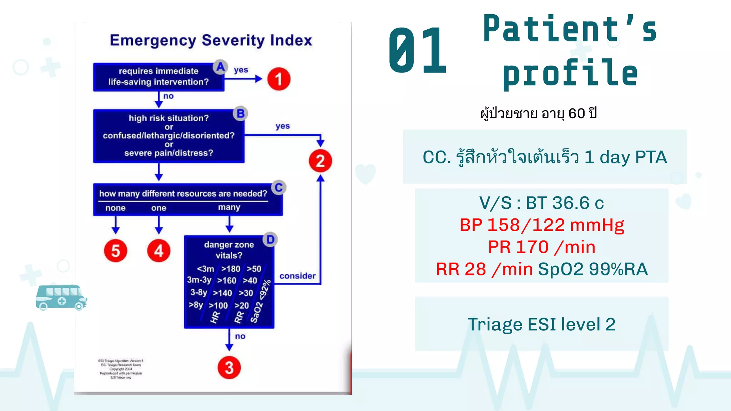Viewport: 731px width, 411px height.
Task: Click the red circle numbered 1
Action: (x=279, y=79)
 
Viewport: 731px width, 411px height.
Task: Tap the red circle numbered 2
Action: (x=320, y=161)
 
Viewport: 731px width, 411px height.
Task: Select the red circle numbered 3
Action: (x=229, y=367)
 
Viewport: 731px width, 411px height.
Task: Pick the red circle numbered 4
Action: (x=159, y=251)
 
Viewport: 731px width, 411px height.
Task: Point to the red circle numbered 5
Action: (x=115, y=251)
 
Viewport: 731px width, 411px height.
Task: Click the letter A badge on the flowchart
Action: (x=220, y=67)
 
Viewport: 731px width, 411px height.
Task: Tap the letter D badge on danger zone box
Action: (x=270, y=240)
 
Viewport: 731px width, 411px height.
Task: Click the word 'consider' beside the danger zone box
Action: (x=297, y=276)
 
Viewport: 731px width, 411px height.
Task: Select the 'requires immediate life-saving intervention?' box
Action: (x=158, y=77)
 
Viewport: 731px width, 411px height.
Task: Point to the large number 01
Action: (x=418, y=51)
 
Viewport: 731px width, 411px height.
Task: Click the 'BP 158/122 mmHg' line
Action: (x=541, y=225)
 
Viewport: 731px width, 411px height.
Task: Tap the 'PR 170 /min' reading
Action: (x=541, y=247)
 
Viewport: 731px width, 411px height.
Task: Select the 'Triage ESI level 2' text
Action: (x=541, y=324)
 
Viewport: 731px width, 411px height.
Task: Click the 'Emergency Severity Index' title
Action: (x=211, y=40)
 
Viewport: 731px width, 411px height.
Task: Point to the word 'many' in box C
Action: (x=229, y=207)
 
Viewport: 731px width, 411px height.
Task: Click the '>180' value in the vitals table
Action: (x=231, y=269)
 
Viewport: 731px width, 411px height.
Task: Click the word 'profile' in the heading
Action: (x=570, y=73)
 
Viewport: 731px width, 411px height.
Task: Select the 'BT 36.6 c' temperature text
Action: (x=565, y=203)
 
